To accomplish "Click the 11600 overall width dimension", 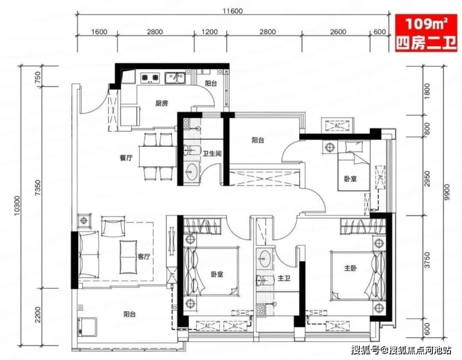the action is (x=232, y=11).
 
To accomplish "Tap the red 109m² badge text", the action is (x=426, y=24).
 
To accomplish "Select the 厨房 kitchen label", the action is (x=162, y=103).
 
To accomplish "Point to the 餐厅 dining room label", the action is (x=126, y=157).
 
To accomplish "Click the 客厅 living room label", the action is (x=144, y=256).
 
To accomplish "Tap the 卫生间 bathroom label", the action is (x=212, y=154).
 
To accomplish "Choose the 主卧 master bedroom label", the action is (x=351, y=268).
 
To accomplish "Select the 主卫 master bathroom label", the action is (x=284, y=278).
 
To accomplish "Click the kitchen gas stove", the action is (x=150, y=78).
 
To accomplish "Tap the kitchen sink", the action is (x=175, y=78).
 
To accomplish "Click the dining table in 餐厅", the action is (x=157, y=156).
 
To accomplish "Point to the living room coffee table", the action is (x=128, y=257).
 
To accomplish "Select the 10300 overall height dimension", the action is (x=17, y=206).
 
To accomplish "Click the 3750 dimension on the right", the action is (x=427, y=260).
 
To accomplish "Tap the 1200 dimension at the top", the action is (x=210, y=32).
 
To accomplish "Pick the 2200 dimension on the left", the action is (x=37, y=314).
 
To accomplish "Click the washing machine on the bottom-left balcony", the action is (x=87, y=327).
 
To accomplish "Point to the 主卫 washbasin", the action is (x=265, y=257).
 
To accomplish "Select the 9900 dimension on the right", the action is (x=447, y=192).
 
